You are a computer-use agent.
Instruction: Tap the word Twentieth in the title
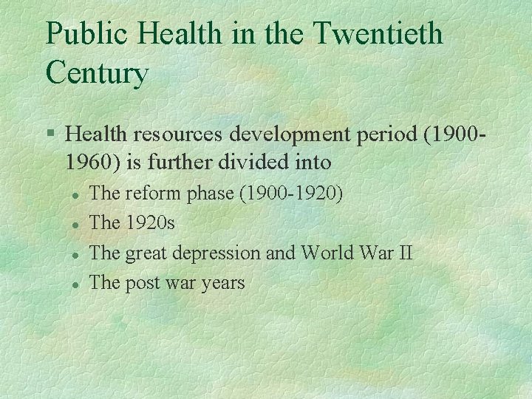378,34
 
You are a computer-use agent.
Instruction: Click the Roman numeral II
405,253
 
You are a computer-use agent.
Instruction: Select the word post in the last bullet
142,282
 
